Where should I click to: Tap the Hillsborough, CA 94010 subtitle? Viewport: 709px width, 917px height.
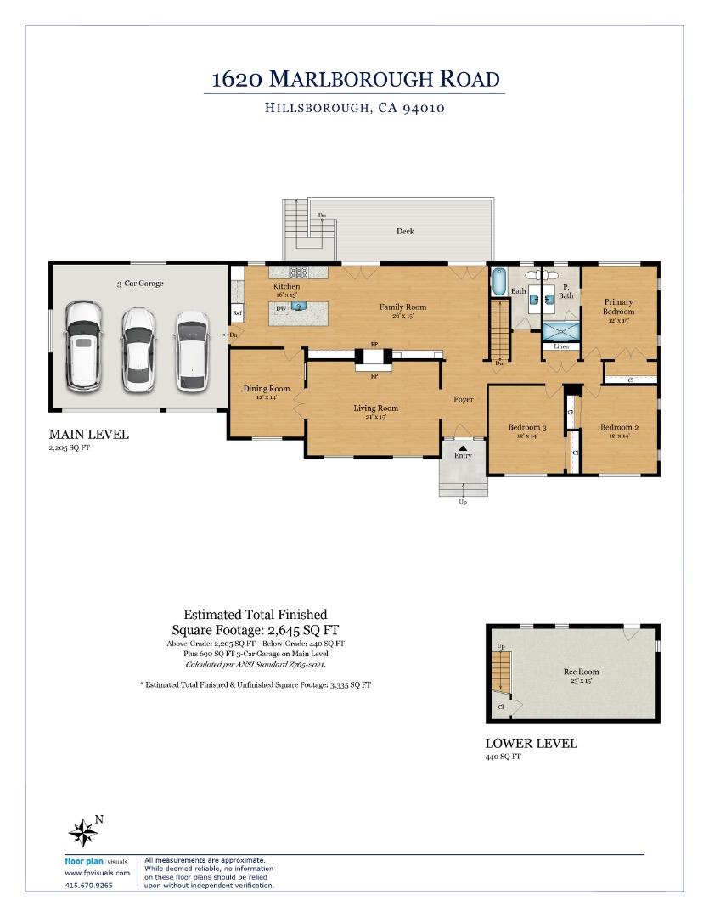[355, 108]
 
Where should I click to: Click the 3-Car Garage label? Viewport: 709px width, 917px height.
[140, 283]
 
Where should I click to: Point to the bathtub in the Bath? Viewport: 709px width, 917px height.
[498, 281]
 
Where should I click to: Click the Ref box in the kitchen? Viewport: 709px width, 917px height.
[238, 313]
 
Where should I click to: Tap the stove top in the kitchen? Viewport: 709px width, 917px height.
[299, 273]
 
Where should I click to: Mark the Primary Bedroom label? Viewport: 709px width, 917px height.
[619, 307]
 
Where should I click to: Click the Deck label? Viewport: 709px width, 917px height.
[405, 231]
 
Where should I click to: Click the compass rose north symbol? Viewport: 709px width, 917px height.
[84, 831]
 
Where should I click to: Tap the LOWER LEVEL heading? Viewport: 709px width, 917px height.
[531, 743]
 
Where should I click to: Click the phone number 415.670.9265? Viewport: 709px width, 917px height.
[88, 886]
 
